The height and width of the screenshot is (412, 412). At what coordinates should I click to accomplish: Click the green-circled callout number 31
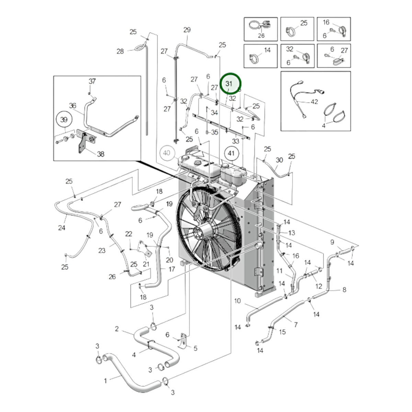[229, 83]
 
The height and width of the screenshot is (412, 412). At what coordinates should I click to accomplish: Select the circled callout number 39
[64, 119]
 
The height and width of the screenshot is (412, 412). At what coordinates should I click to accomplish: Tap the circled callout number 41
[231, 153]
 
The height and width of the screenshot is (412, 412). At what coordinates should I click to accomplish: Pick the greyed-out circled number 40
[167, 153]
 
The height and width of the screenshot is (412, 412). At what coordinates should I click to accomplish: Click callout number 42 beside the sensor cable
[314, 102]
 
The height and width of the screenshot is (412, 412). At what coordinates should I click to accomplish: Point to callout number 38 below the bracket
[101, 154]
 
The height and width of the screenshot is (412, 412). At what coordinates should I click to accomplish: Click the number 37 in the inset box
[92, 81]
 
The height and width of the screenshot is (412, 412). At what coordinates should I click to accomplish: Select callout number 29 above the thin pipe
[187, 30]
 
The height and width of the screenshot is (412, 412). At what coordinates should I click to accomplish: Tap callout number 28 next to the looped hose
[120, 51]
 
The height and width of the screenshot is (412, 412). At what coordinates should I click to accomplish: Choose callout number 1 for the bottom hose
[105, 381]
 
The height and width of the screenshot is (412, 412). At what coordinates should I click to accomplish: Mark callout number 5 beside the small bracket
[195, 348]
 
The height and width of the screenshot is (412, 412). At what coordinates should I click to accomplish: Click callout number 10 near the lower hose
[238, 301]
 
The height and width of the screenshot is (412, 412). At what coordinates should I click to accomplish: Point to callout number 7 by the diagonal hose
[296, 325]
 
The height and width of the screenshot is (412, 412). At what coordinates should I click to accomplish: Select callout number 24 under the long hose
[61, 228]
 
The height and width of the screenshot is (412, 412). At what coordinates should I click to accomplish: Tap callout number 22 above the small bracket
[128, 234]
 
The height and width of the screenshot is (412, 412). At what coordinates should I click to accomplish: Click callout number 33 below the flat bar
[236, 141]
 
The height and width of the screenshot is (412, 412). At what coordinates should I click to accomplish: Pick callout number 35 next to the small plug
[215, 132]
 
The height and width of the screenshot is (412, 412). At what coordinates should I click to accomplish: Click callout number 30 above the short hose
[279, 160]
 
